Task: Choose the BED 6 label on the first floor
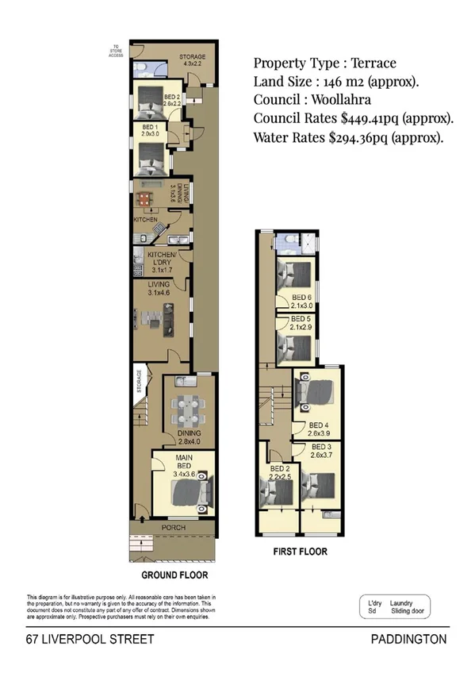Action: tap(300, 298)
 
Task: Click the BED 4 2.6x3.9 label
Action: tap(319, 429)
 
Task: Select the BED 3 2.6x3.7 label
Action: tap(320, 452)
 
